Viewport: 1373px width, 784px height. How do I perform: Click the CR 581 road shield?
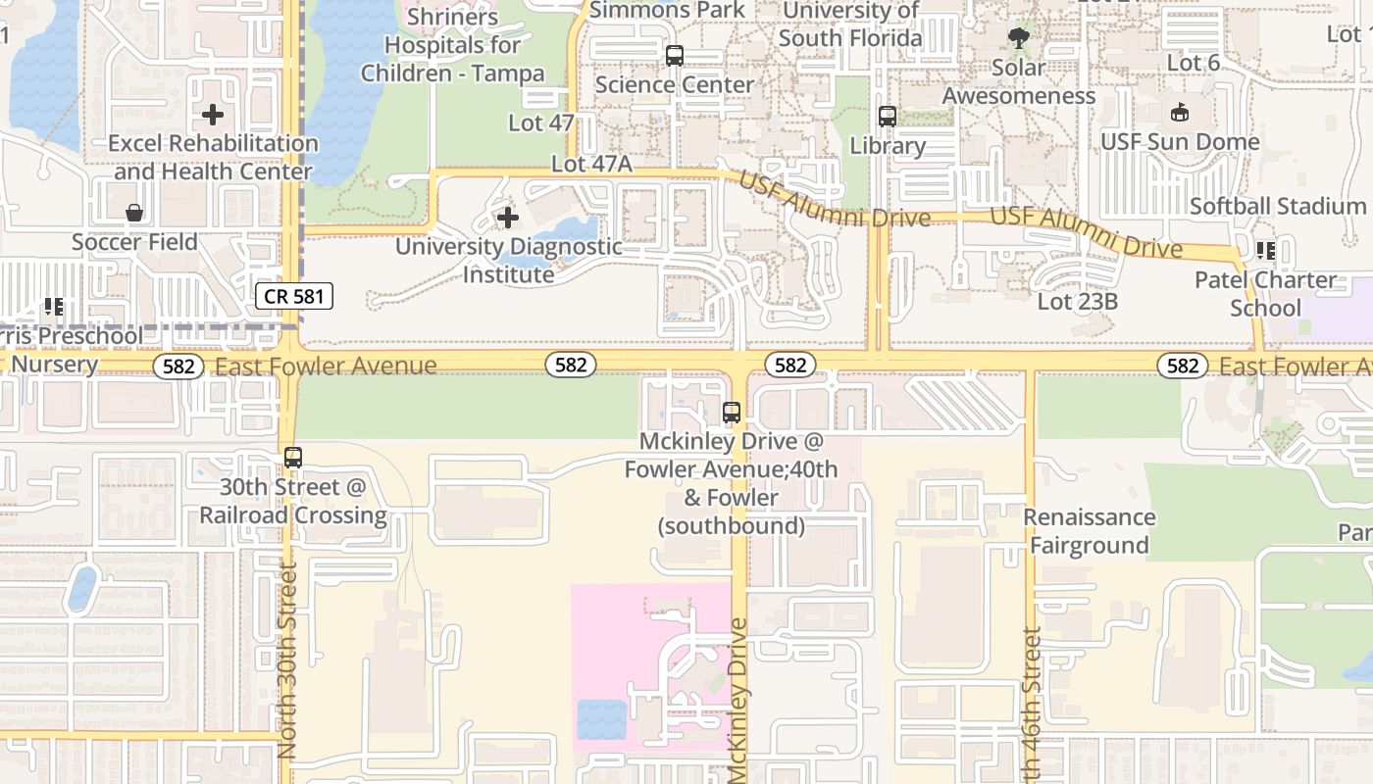[294, 295]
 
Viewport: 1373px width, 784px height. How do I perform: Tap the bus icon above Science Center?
[674, 56]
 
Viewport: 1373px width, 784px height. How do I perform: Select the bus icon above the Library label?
[887, 117]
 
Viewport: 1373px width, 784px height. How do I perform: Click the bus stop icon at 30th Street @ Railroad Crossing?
[292, 458]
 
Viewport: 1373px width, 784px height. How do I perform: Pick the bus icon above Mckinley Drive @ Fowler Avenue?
[731, 413]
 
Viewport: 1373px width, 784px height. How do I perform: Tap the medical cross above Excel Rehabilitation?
[212, 116]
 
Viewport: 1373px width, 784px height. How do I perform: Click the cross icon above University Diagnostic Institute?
[507, 217]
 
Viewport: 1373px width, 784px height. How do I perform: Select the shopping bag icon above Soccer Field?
[134, 213]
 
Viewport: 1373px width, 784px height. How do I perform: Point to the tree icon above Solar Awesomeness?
[1019, 38]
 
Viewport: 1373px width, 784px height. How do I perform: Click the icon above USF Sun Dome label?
[1179, 113]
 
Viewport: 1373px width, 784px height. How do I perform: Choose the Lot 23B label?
[1077, 301]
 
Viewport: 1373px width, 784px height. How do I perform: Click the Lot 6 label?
[1194, 63]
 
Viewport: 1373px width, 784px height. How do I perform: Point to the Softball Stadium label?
[1277, 206]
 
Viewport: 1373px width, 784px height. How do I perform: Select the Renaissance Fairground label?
[1089, 531]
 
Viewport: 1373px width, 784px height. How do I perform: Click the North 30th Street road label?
[286, 660]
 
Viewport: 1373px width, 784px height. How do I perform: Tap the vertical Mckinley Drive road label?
[738, 700]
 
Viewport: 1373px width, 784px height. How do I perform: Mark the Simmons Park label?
[668, 10]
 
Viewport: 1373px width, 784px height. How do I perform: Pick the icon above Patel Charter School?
[1265, 251]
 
